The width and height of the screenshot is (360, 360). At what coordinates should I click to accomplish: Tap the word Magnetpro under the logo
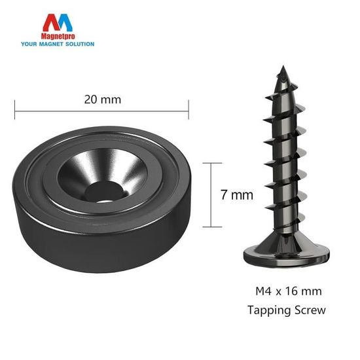(58, 38)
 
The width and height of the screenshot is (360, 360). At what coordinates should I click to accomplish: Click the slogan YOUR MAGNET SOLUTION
(58, 45)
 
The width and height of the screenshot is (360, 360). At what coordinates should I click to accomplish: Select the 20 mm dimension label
(103, 100)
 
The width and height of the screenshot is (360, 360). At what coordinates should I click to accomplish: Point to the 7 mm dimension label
(237, 194)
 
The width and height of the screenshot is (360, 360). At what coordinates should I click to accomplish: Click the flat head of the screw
(280, 253)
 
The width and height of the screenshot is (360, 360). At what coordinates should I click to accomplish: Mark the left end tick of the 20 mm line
(14, 111)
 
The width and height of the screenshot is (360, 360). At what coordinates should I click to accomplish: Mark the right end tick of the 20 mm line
(189, 111)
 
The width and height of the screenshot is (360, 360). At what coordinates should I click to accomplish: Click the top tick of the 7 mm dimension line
(211, 163)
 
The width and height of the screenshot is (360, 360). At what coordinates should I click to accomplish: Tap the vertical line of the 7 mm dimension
(211, 194)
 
